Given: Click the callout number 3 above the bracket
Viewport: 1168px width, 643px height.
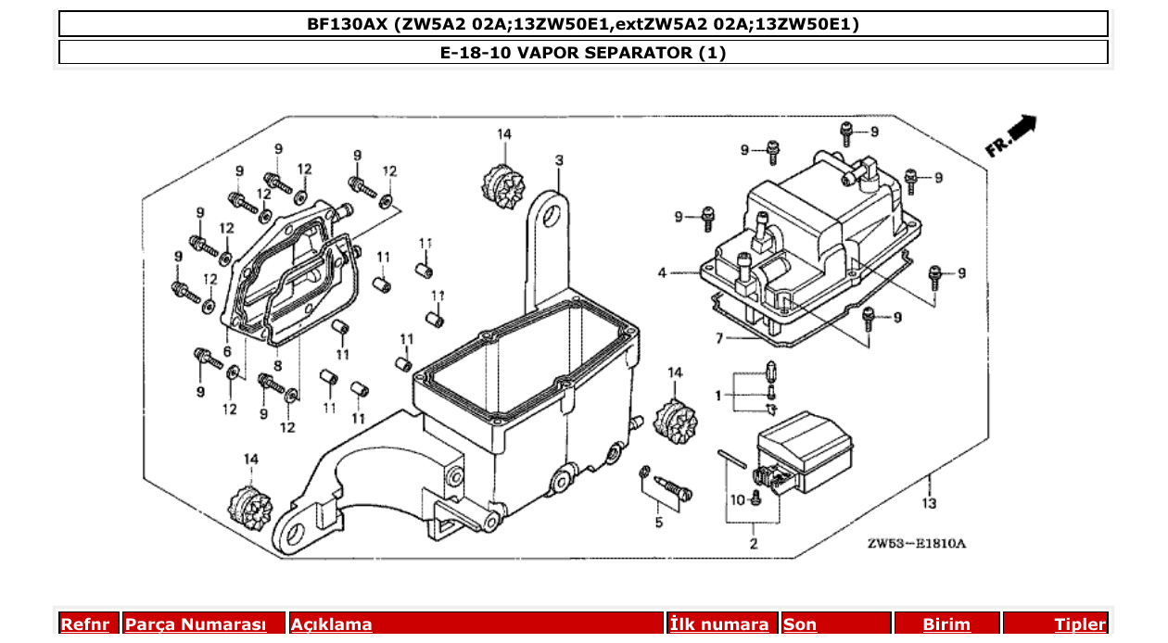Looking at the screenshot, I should point(559,160).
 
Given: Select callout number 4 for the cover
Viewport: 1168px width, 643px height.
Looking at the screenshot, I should point(662,273).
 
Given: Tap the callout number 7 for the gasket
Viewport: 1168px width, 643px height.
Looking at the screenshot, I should point(719,339).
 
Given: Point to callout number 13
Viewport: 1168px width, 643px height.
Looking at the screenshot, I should point(929,503).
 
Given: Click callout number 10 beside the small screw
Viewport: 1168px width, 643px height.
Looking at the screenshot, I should point(737,500).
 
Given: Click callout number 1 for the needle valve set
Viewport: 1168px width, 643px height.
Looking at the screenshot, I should point(717,396).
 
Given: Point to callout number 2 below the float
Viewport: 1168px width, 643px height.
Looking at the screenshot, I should point(753,544).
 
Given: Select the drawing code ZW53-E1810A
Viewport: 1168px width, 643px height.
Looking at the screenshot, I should point(916,544).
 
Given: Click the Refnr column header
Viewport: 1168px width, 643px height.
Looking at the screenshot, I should point(85,624).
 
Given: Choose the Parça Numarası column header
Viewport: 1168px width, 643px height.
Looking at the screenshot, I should point(196,624).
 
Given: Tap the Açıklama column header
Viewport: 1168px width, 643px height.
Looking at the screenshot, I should point(332,624).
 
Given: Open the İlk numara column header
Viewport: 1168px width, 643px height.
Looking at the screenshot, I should point(719,624).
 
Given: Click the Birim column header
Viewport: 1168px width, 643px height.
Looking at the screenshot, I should point(946,624).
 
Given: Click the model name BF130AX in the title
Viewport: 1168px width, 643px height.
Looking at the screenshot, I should point(348,24).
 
